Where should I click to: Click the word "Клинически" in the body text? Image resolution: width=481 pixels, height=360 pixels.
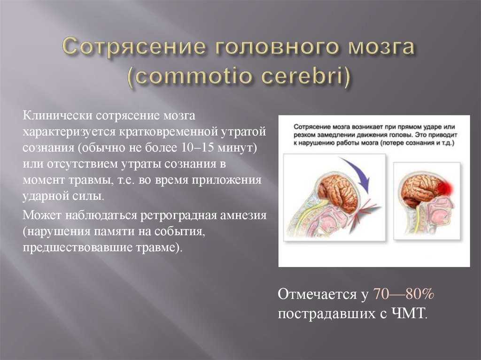point(57,116)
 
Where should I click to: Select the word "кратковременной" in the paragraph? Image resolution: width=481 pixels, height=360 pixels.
point(167,132)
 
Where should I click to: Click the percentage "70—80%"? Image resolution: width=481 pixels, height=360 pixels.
point(403,294)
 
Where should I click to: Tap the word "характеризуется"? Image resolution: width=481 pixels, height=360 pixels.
point(69,132)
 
